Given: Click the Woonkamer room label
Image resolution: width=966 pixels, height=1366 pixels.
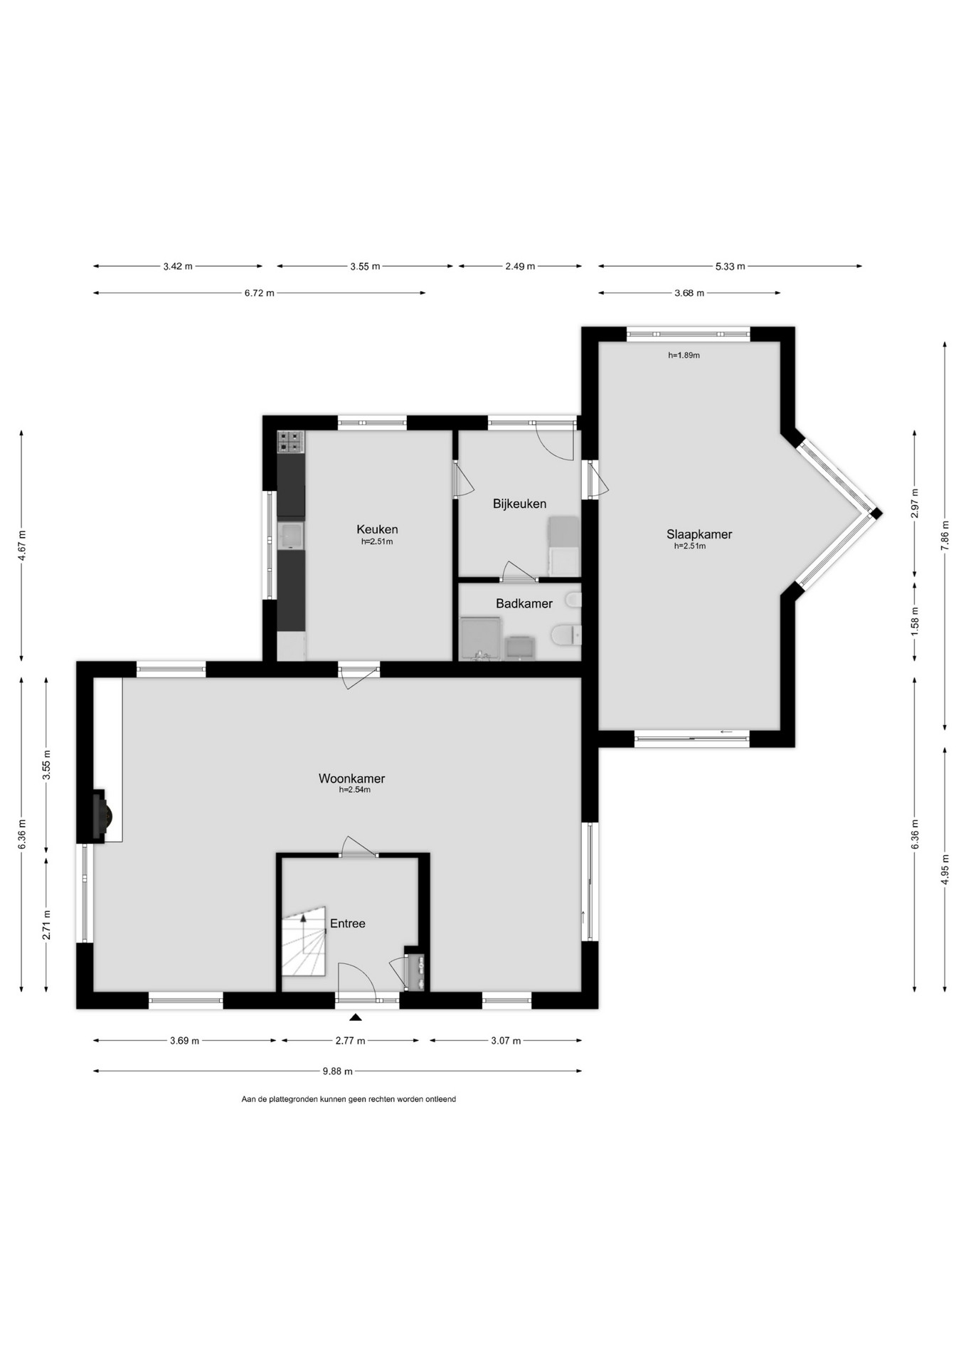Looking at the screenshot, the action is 351,778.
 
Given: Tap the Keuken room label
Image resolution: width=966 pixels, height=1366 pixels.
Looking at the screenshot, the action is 377,529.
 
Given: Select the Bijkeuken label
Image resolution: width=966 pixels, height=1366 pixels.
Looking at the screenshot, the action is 519,504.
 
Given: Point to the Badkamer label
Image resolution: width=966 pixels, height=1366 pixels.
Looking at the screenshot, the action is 524,603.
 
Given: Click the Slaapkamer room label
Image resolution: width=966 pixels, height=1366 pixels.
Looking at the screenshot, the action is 699,534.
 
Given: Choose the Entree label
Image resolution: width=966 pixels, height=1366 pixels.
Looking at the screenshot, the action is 348,923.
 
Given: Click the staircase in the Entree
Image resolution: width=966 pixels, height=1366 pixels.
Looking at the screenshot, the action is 304,941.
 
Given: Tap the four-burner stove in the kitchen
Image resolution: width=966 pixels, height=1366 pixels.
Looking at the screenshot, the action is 290,442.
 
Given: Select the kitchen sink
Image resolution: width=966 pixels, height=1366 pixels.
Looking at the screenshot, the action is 290,536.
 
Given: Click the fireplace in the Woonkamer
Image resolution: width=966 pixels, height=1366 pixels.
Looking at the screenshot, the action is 100,815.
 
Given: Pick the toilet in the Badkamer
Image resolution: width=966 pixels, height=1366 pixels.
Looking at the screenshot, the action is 566,634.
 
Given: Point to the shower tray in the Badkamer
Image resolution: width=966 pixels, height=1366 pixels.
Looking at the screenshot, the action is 480,639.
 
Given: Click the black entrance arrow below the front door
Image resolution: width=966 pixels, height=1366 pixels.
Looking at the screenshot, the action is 355,1017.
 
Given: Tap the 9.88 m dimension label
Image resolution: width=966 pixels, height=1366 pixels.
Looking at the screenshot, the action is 338,1071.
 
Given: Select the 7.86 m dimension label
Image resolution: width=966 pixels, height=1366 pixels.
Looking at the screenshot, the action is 945,536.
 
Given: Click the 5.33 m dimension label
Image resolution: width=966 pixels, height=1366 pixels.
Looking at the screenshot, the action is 731,266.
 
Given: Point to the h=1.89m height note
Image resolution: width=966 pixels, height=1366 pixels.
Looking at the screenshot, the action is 684,355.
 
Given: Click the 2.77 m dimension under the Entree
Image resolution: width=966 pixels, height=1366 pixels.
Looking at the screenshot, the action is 350,1041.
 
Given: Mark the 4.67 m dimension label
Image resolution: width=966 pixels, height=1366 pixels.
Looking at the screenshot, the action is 22,546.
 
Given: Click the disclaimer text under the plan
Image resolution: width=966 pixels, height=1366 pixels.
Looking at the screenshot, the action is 349,1099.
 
